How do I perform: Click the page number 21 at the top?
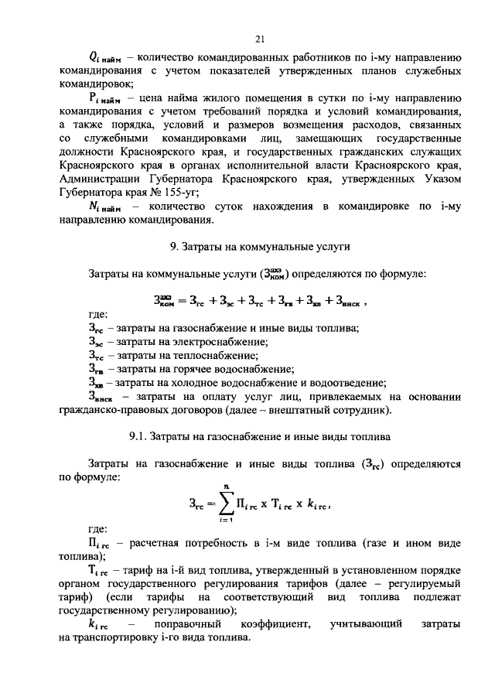(260, 39)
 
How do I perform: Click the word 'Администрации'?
(97, 179)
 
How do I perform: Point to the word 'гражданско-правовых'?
(109, 409)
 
